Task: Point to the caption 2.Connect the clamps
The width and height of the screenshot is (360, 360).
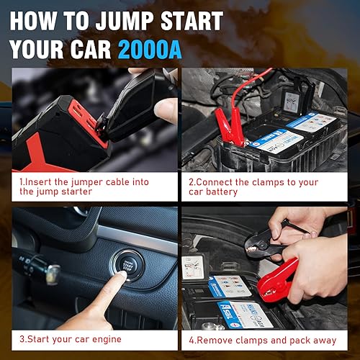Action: click(x=264, y=186)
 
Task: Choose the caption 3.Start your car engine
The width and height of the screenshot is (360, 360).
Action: click(x=71, y=339)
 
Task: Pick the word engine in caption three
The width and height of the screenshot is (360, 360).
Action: click(x=103, y=339)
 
